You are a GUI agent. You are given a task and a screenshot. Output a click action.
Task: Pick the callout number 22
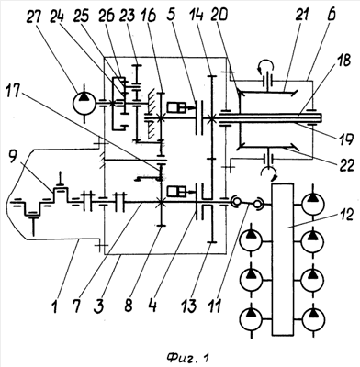(344, 165)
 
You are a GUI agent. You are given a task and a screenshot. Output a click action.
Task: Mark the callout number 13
(189, 305)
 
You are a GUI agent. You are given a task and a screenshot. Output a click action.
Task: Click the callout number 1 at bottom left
(54, 305)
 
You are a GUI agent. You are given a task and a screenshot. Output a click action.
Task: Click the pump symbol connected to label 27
(84, 104)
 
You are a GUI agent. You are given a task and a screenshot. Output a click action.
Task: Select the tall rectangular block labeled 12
(282, 260)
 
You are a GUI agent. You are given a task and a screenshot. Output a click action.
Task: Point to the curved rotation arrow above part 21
(266, 65)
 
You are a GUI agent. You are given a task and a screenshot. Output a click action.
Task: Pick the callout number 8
(128, 305)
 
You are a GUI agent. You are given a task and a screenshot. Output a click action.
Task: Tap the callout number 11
(215, 305)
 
